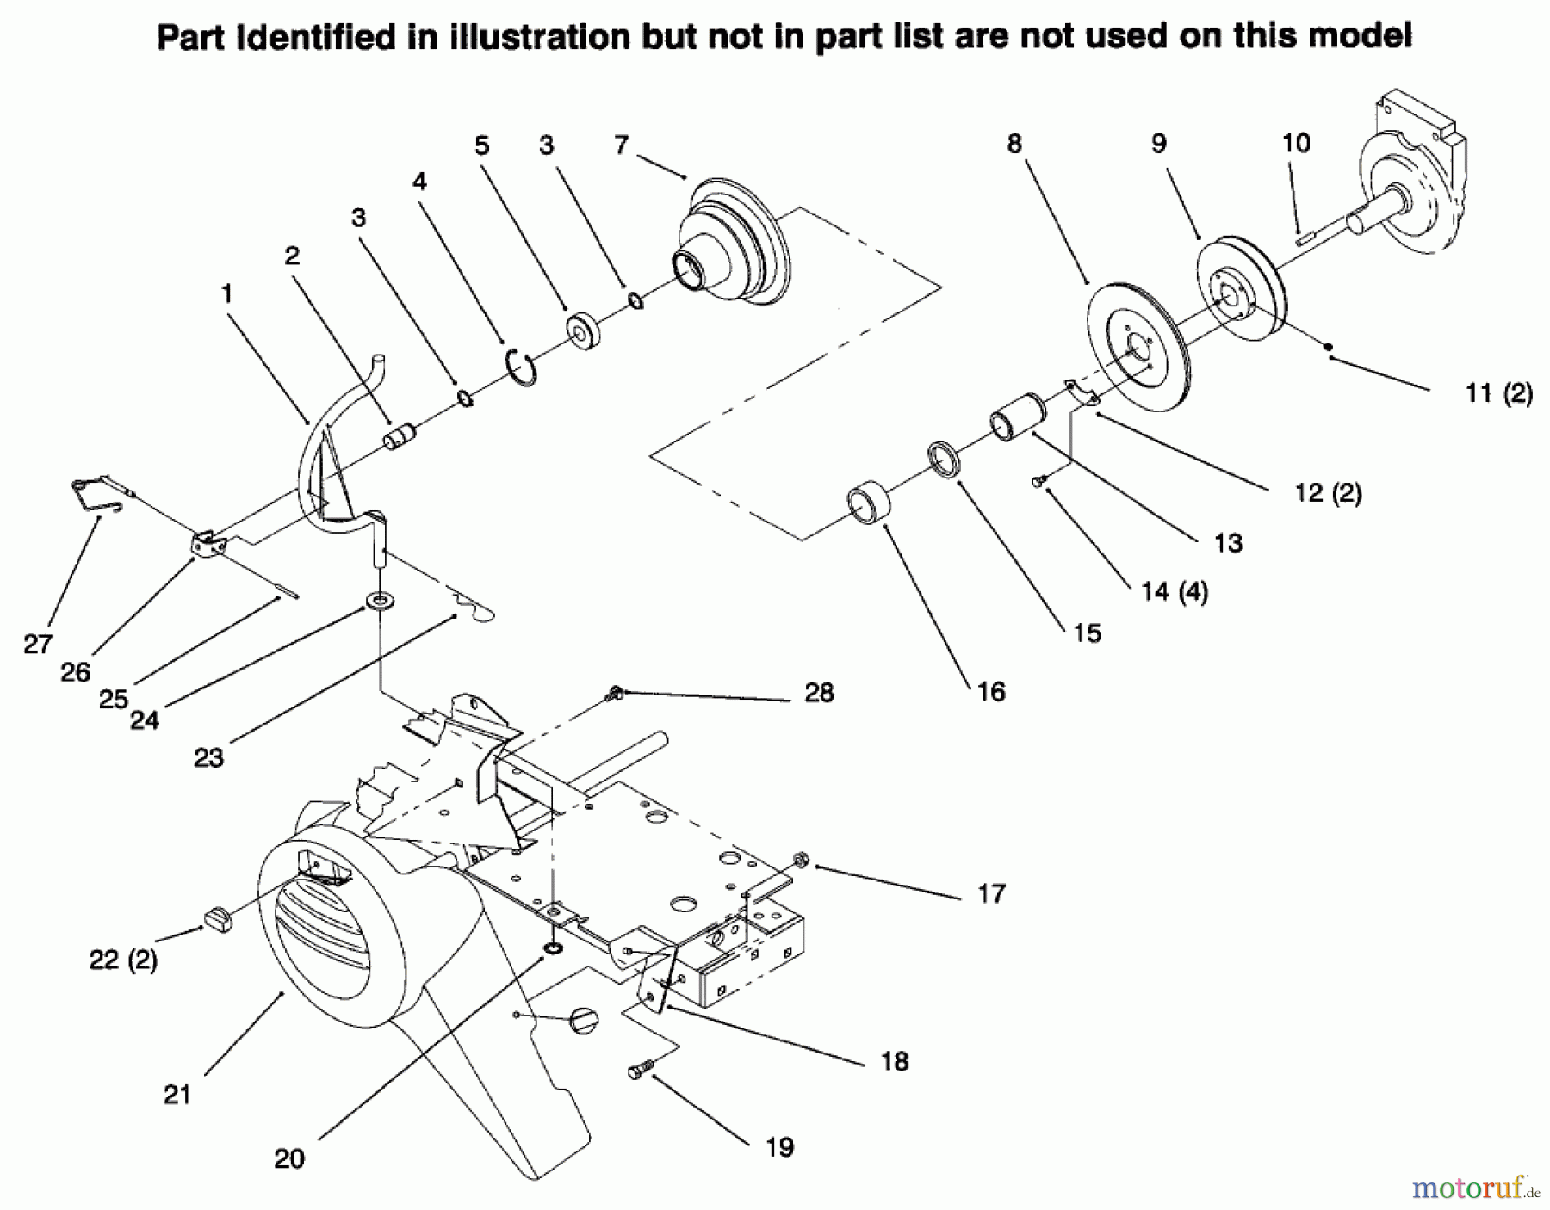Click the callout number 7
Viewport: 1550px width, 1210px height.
622,145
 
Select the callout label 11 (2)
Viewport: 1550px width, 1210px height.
1498,393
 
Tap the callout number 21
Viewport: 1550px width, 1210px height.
177,1095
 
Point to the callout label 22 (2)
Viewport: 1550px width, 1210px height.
123,960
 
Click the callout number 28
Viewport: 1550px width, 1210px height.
819,693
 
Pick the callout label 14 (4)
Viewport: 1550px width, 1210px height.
1175,591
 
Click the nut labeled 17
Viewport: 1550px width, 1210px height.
800,860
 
